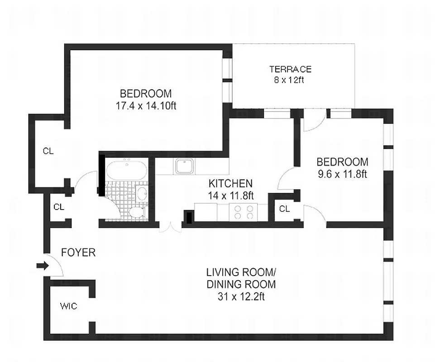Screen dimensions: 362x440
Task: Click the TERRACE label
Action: click(x=290, y=69)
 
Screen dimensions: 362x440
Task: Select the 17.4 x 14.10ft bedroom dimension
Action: click(x=145, y=105)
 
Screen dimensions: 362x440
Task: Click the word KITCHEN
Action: click(x=230, y=184)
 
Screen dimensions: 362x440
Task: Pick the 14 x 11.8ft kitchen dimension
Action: click(x=230, y=195)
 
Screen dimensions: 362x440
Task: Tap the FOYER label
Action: click(x=78, y=252)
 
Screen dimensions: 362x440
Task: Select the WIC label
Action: click(x=68, y=306)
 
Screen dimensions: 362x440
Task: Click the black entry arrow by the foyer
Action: click(x=42, y=266)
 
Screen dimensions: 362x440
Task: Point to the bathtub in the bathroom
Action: click(x=126, y=170)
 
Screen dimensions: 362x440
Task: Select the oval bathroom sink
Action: click(x=142, y=194)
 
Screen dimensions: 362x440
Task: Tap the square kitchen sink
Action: click(x=185, y=167)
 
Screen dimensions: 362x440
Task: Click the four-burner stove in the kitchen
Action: click(x=244, y=212)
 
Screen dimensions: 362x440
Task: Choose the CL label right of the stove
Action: click(x=284, y=209)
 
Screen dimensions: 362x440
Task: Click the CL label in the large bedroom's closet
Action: click(x=48, y=151)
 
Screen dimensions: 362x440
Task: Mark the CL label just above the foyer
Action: click(x=59, y=207)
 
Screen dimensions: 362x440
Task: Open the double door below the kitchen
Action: click(x=170, y=226)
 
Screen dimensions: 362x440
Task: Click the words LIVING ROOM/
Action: click(x=240, y=272)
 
